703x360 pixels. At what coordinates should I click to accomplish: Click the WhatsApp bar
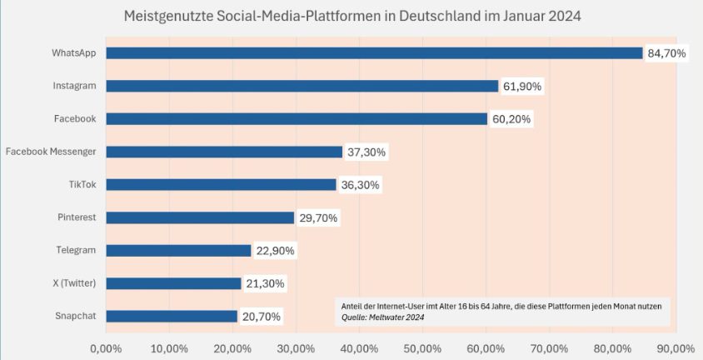click(375, 53)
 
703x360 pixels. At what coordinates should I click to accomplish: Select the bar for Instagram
click(302, 86)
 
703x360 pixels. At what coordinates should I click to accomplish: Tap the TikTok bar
click(221, 185)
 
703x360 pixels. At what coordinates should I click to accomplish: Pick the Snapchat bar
click(172, 317)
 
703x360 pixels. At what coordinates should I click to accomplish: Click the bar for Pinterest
click(200, 217)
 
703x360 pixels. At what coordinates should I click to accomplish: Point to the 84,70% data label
click(666, 53)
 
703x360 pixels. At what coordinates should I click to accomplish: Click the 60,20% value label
click(511, 119)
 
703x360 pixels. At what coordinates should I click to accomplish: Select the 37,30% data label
click(366, 152)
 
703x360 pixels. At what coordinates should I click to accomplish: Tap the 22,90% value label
click(274, 251)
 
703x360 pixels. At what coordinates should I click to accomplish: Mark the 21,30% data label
click(264, 283)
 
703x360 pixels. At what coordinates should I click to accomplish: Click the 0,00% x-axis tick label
click(105, 347)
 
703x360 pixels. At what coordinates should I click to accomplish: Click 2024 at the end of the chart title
click(563, 16)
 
